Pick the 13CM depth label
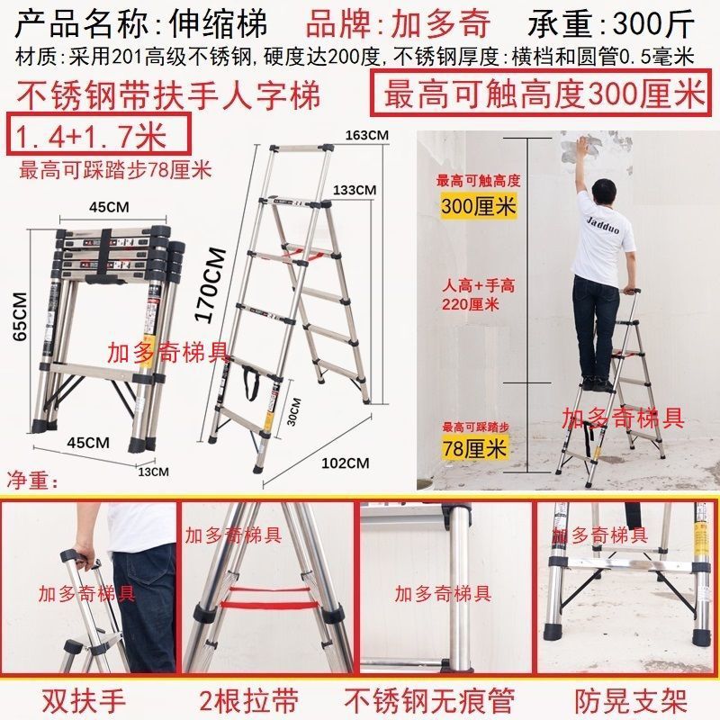coord(153,471)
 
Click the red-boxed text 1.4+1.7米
coord(94,136)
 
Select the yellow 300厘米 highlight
coord(479,206)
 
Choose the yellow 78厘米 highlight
coord(474,446)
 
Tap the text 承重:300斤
coord(625,22)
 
